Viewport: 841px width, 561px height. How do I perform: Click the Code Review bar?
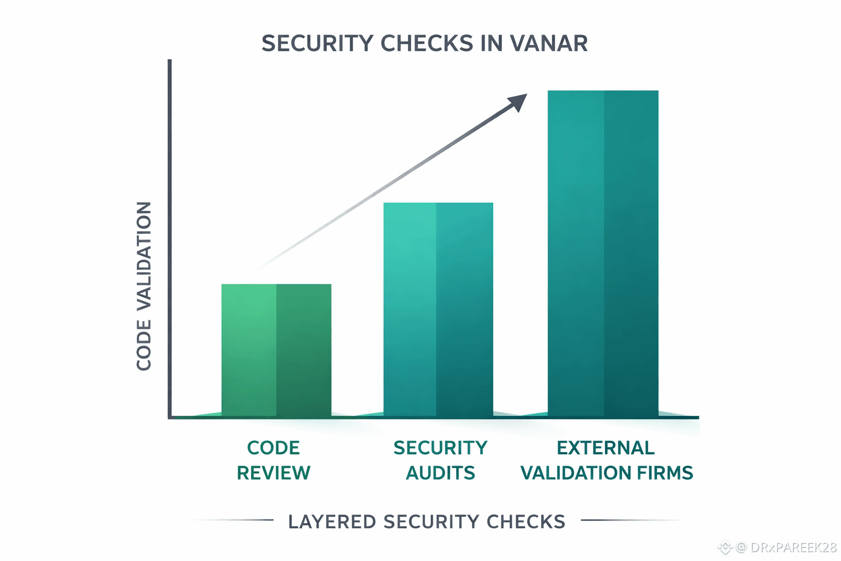276,351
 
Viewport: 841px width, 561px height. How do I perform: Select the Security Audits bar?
438,310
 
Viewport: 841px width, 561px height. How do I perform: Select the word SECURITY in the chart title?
318,43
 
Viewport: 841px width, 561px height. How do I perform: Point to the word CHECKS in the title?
427,43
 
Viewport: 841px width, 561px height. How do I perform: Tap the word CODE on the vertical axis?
144,346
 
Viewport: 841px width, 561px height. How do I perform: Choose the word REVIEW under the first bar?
273,473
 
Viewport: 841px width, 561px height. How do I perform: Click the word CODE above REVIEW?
273,448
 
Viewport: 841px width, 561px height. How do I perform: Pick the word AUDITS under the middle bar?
440,473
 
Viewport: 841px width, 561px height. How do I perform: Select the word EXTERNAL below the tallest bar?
606,448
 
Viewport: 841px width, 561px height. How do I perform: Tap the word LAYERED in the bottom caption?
332,522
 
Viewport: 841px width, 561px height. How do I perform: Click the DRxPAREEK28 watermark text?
793,547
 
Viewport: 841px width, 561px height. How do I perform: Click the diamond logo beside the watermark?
725,547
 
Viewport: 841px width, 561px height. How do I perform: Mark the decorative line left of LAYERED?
235,520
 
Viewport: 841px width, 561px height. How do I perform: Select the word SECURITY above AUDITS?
440,448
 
